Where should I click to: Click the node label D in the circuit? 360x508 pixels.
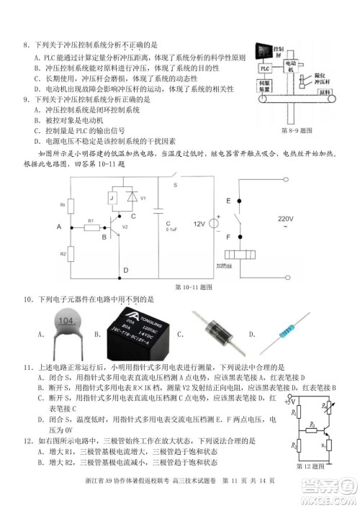(x=125, y=271)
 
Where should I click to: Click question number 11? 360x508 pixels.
(x=27, y=367)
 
